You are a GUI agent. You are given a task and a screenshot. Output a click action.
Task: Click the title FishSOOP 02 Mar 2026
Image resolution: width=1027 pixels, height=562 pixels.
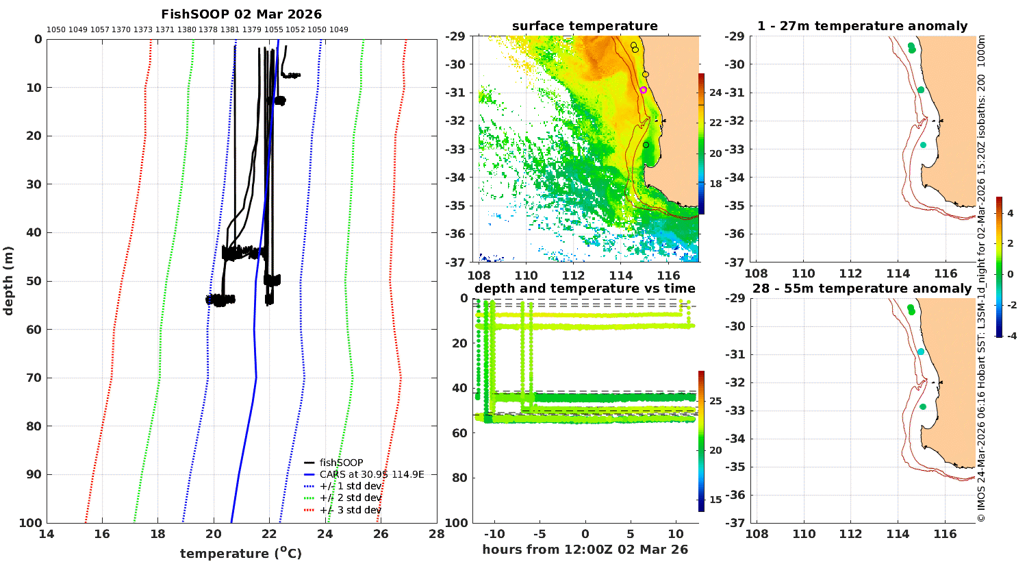click(x=241, y=14)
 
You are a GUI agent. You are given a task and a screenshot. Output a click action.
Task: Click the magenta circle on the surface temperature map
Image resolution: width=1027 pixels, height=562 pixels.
click(x=644, y=90)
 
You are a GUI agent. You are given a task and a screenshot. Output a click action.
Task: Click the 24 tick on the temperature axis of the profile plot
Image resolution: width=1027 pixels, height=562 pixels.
click(x=325, y=534)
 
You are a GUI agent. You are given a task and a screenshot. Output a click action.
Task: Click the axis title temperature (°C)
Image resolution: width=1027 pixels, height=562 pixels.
click(x=241, y=553)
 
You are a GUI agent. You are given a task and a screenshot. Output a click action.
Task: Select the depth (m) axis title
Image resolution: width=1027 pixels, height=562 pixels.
click(x=8, y=281)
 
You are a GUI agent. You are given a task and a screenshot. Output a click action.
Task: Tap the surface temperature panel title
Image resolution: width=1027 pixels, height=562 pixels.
click(x=585, y=26)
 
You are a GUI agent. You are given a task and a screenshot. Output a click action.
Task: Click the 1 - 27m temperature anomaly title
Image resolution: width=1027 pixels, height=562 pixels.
click(x=862, y=26)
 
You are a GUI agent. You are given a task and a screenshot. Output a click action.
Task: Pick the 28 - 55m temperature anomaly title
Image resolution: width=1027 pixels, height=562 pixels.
click(x=862, y=289)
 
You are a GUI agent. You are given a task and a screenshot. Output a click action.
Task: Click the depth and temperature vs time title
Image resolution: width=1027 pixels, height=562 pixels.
click(x=585, y=289)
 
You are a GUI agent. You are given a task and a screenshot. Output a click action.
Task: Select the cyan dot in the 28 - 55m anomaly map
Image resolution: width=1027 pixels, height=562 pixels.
click(x=921, y=352)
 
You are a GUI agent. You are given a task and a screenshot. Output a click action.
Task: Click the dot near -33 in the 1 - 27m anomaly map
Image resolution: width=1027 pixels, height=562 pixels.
click(x=923, y=145)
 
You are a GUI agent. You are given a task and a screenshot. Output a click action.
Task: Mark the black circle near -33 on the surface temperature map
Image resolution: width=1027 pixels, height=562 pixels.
click(x=646, y=145)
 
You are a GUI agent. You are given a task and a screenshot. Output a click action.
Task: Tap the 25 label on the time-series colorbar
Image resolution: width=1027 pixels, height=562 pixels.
click(x=715, y=401)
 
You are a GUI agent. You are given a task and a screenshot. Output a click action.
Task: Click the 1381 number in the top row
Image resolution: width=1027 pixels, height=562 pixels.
click(x=229, y=30)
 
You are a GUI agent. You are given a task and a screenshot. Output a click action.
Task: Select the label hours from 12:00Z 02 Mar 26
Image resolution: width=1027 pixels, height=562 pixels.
click(x=585, y=550)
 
